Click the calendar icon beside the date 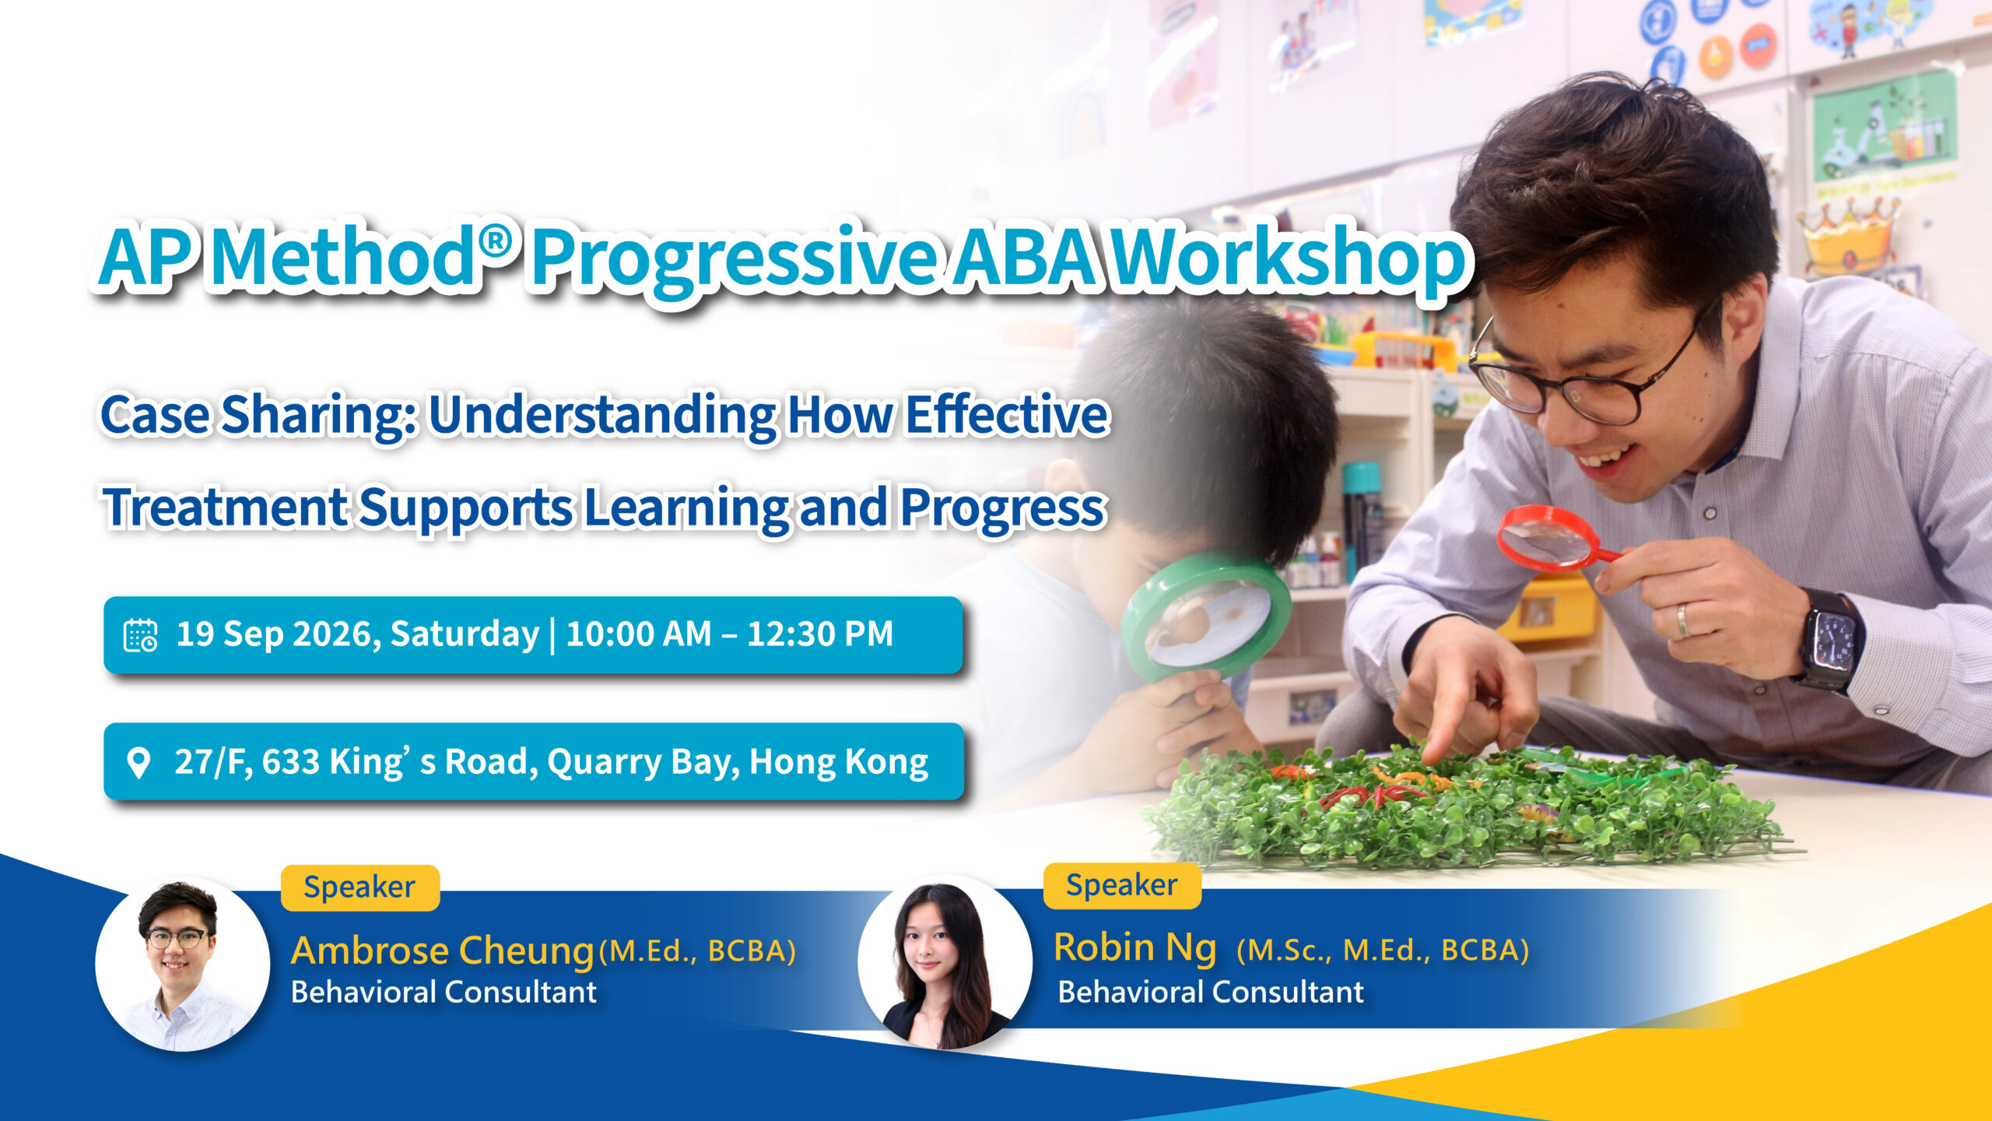coord(141,635)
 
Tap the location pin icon coord(139,763)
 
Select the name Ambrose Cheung coord(443,951)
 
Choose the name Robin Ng coord(1135,948)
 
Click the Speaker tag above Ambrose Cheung coord(360,887)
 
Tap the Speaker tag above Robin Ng coord(1122,885)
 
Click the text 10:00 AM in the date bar coord(638,634)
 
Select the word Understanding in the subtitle coord(603,415)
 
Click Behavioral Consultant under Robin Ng coord(1211,993)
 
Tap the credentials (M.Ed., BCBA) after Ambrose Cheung coord(698,951)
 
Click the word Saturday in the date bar coord(465,635)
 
